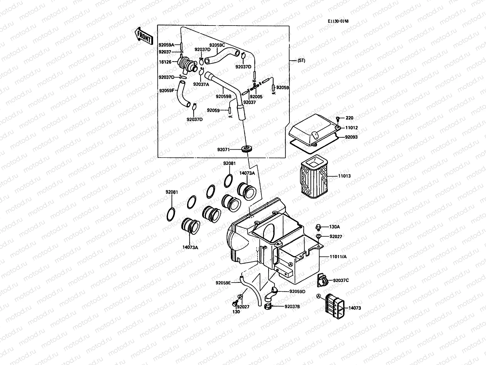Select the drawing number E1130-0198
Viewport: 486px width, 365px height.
coord(338,21)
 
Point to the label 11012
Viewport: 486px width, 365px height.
coord(351,128)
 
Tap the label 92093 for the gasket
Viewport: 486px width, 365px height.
coord(351,137)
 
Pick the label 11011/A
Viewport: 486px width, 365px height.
coord(338,257)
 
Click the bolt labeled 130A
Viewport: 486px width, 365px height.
coord(318,227)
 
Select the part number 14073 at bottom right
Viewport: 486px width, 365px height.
coord(354,308)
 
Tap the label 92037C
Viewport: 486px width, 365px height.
coord(341,280)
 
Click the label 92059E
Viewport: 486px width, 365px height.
coord(223,283)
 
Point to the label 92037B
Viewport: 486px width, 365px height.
coord(292,307)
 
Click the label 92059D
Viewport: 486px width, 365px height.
coord(297,291)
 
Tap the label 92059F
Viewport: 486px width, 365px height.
coord(166,90)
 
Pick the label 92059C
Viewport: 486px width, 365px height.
coord(217,45)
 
